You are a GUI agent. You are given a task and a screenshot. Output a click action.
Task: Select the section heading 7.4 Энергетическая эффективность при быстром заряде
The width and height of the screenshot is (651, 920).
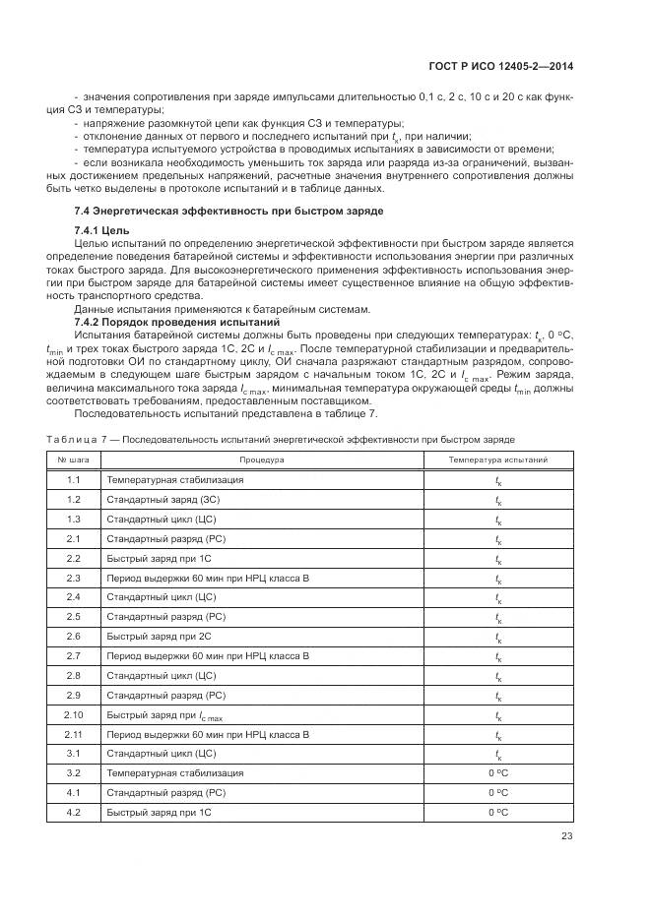tap(228, 212)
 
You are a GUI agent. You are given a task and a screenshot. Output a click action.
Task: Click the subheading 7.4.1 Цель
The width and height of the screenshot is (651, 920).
tap(96, 229)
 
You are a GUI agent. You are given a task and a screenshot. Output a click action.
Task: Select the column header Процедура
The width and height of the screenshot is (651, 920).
tap(261, 460)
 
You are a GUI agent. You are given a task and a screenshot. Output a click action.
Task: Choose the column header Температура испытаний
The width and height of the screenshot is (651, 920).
tap(498, 460)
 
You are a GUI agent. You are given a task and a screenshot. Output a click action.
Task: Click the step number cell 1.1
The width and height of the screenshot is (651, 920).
tap(73, 480)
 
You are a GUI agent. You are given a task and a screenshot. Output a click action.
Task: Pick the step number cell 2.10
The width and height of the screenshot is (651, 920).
tap(73, 715)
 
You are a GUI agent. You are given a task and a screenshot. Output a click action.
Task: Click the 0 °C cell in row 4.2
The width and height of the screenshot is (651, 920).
tap(498, 813)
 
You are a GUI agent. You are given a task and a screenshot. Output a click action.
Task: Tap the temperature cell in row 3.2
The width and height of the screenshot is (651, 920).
tap(498, 773)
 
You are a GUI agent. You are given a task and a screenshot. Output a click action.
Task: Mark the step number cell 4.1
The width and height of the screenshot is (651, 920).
tap(73, 793)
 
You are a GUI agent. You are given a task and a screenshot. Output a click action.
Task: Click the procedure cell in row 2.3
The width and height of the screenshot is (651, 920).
tap(207, 578)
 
